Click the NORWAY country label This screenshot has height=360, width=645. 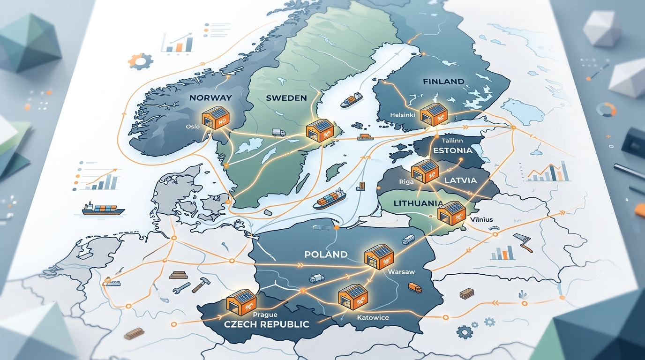click(210, 98)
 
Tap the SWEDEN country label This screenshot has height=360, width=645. click(286, 98)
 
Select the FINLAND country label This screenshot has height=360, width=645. click(443, 82)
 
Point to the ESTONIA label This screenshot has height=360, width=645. click(452, 151)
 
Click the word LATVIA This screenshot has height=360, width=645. click(460, 180)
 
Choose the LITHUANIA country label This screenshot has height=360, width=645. click(418, 203)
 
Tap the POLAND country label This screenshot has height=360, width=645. click(326, 255)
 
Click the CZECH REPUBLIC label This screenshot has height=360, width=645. click(266, 324)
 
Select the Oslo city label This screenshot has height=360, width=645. click(193, 127)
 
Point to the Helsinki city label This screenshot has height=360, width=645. click(402, 115)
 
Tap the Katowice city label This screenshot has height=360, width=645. click(373, 318)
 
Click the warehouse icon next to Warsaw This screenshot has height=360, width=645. click(379, 259)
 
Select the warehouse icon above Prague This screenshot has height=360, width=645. click(241, 302)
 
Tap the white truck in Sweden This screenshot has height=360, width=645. click(278, 133)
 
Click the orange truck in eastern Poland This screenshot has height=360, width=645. click(415, 287)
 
